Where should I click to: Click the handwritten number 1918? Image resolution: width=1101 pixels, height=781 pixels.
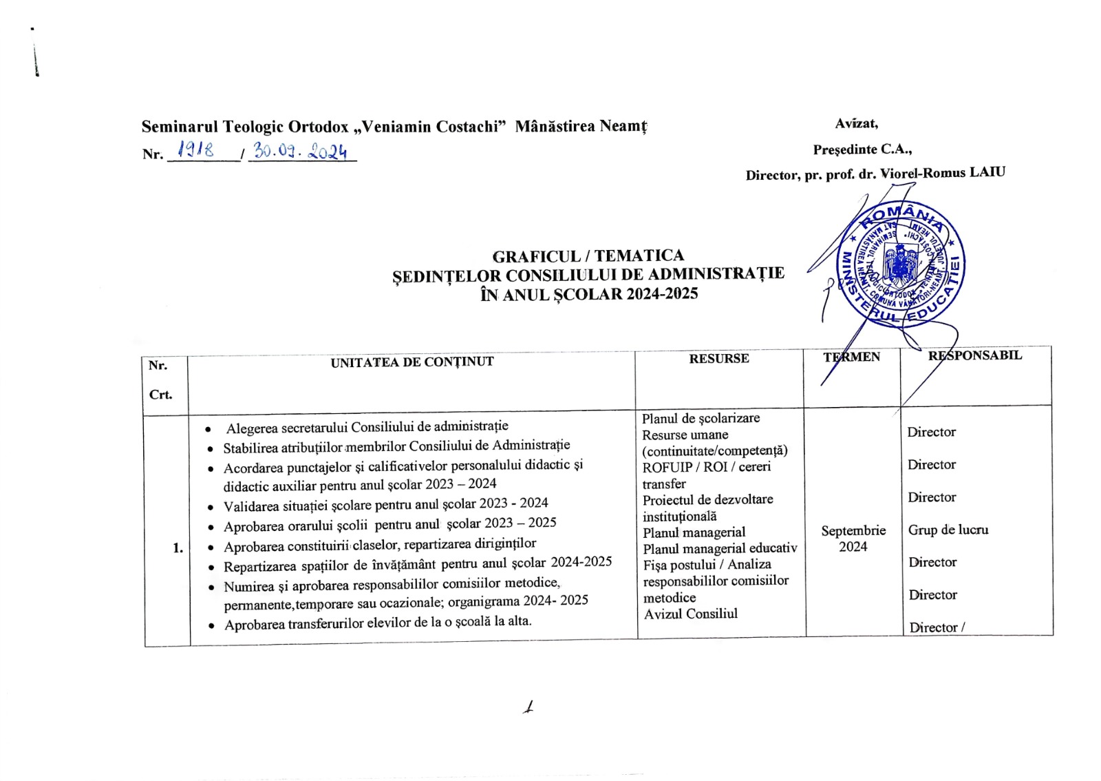[195, 149]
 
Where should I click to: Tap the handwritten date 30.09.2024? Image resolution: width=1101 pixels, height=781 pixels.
[300, 151]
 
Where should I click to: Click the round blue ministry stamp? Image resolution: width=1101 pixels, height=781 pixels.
[900, 264]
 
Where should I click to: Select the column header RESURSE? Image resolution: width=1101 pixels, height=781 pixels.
[718, 358]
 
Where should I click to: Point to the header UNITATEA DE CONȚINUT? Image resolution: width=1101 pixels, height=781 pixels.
[411, 362]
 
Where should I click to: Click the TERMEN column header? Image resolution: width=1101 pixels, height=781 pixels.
[851, 357]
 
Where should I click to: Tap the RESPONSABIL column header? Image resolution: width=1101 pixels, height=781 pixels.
[974, 355]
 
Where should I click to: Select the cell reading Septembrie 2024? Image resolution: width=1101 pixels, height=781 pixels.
[853, 539]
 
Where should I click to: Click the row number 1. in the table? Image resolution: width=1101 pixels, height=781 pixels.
[178, 548]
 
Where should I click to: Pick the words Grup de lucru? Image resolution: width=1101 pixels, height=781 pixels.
[948, 530]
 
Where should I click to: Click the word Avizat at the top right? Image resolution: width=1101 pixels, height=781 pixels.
[856, 124]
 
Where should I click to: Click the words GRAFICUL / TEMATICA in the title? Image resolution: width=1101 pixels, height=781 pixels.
[588, 256]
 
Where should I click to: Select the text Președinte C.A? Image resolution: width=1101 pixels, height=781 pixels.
[862, 149]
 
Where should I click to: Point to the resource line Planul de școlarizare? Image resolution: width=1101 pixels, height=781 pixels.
[701, 418]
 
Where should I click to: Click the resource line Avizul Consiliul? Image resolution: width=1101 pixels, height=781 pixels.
[690, 614]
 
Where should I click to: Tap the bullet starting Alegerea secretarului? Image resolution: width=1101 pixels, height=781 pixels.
[367, 427]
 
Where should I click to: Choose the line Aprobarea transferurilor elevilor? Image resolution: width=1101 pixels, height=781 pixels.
[377, 623]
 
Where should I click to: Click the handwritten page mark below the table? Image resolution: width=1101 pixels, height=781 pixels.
[528, 707]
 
